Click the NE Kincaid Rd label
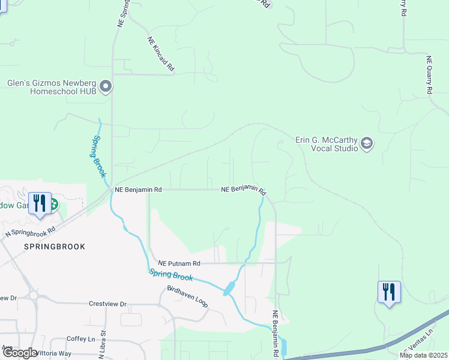(x=160, y=55)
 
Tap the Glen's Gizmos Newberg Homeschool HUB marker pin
(x=106, y=87)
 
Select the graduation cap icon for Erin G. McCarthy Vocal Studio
(x=367, y=144)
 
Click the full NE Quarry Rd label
(x=429, y=74)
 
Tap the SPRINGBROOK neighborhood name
(x=54, y=247)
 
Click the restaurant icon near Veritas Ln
(x=389, y=292)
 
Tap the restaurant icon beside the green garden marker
(x=39, y=202)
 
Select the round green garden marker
(x=53, y=205)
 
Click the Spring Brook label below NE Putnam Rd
(x=171, y=274)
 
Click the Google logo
(x=20, y=353)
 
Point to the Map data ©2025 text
(x=423, y=355)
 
